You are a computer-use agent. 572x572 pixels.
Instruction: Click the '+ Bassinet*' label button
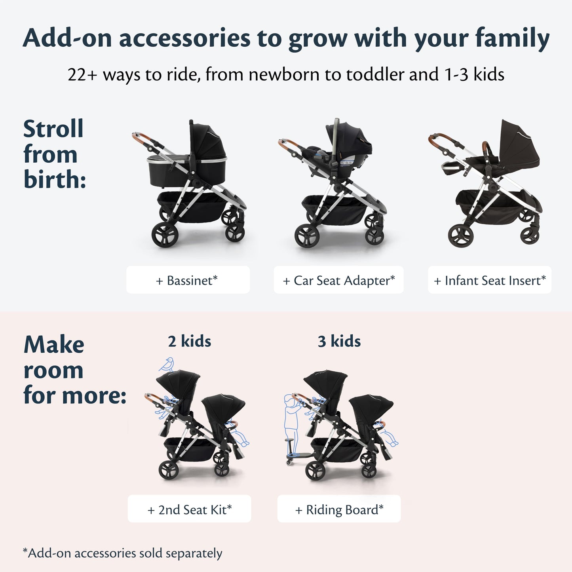click(x=188, y=280)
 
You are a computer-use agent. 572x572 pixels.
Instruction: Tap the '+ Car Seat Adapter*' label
click(x=338, y=280)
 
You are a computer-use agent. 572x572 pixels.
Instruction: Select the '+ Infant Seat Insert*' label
click(x=489, y=280)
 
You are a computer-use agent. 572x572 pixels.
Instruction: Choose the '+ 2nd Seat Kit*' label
click(x=189, y=509)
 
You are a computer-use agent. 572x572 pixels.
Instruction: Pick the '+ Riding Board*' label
click(x=339, y=509)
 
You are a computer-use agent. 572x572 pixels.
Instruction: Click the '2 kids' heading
click(x=189, y=341)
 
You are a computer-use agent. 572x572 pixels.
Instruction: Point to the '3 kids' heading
click(x=339, y=341)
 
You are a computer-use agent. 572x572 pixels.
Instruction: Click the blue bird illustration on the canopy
click(x=167, y=364)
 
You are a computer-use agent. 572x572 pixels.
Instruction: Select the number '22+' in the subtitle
click(x=82, y=75)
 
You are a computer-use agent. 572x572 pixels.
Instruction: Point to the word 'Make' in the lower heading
click(x=54, y=345)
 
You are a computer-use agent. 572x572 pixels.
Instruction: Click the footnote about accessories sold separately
click(x=122, y=553)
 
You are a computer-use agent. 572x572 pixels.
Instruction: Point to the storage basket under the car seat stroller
click(x=334, y=210)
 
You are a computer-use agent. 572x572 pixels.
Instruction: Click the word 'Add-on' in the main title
click(x=67, y=39)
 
